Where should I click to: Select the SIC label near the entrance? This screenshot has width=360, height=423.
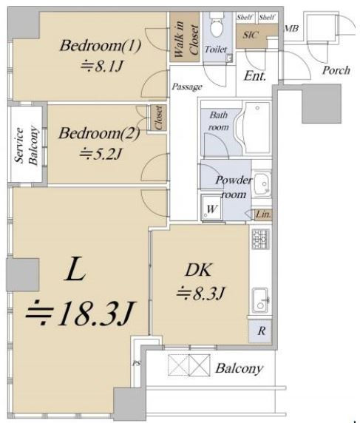point(251,35)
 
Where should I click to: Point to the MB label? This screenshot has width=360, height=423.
point(291,28)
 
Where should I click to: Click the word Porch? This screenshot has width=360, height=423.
point(336,70)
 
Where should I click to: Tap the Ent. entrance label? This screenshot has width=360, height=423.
point(255,76)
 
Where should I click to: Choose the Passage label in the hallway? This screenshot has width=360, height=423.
point(187,87)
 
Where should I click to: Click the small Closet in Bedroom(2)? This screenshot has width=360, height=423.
point(158,118)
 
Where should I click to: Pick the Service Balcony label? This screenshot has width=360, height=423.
point(26,145)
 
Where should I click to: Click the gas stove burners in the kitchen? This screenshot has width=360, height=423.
point(260,239)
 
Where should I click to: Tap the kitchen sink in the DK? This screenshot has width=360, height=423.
point(260,300)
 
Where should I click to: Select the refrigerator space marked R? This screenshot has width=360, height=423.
point(260,331)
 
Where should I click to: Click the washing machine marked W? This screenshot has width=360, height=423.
point(212,209)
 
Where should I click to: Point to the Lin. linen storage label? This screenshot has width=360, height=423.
point(263,214)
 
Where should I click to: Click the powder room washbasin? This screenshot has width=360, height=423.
point(262,183)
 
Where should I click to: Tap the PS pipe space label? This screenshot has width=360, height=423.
point(137,363)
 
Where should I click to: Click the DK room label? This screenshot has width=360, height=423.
point(198,270)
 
